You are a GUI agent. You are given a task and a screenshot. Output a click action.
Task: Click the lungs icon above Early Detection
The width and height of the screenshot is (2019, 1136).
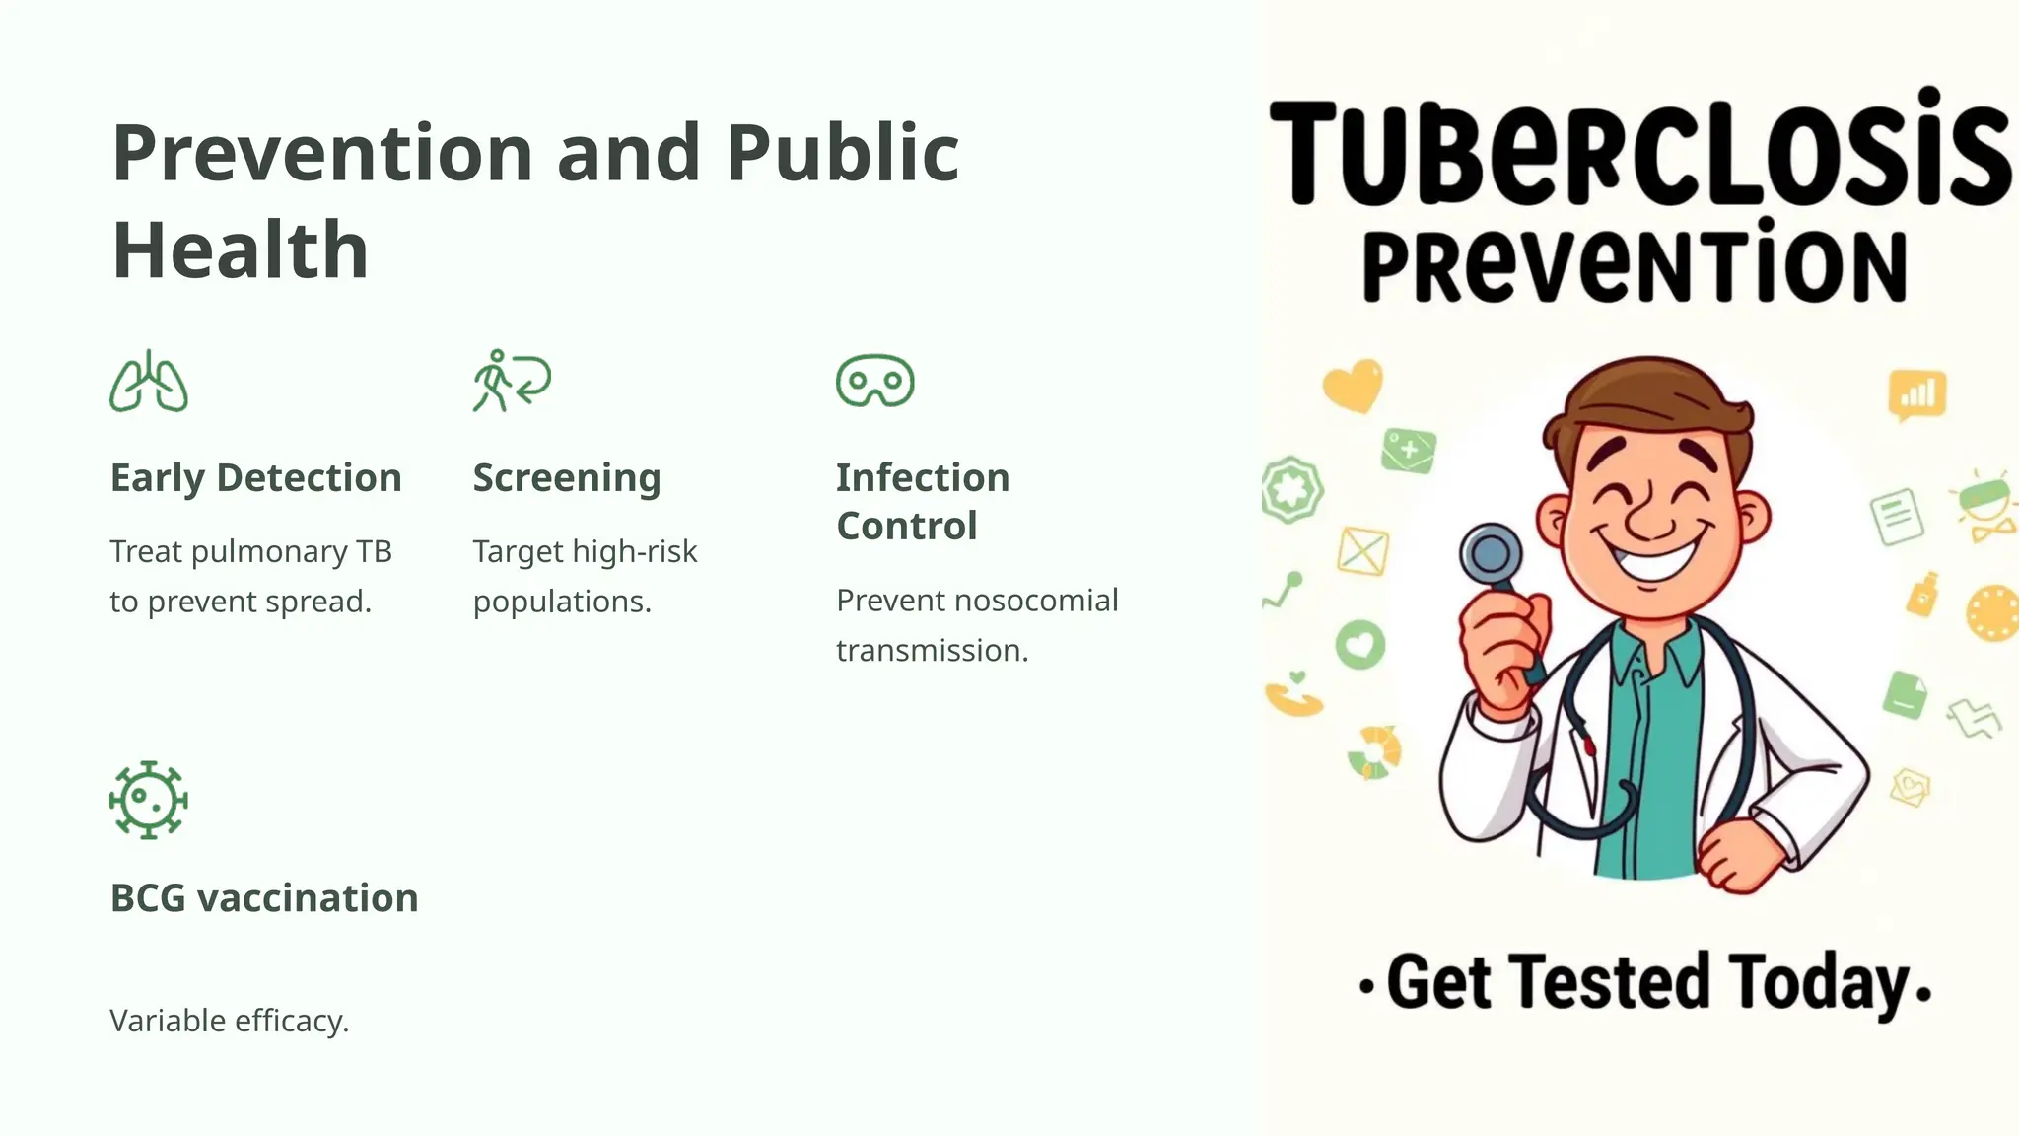click(149, 382)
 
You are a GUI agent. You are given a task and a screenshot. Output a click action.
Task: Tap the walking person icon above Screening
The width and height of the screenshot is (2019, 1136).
click(511, 381)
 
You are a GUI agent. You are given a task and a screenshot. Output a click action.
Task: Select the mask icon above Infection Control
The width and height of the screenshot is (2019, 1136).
click(874, 381)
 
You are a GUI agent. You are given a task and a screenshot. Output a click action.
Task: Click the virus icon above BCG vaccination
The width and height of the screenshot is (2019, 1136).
click(149, 800)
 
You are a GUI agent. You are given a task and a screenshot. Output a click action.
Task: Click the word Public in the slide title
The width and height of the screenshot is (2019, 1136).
click(843, 154)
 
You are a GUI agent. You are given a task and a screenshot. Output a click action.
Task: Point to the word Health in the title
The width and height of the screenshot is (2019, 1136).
click(241, 250)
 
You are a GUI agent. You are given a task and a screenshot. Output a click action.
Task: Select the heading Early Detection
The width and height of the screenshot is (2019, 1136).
click(255, 478)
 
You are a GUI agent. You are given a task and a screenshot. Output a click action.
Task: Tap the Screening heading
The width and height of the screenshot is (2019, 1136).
click(567, 478)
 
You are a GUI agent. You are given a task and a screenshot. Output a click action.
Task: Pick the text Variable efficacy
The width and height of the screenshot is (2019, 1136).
click(230, 1021)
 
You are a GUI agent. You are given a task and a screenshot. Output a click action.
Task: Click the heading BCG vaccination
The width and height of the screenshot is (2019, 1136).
click(264, 898)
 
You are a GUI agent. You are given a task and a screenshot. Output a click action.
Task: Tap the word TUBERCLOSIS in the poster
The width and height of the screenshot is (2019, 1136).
click(1638, 154)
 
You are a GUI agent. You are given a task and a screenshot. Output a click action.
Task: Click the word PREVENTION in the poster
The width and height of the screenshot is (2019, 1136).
click(1635, 266)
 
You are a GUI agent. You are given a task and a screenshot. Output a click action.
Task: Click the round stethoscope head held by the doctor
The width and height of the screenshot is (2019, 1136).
click(1491, 555)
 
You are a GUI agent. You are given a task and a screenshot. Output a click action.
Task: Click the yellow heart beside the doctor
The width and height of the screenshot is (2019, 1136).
click(1353, 385)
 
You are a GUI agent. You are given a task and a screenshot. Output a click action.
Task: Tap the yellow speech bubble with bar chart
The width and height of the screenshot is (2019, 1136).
click(1916, 395)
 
